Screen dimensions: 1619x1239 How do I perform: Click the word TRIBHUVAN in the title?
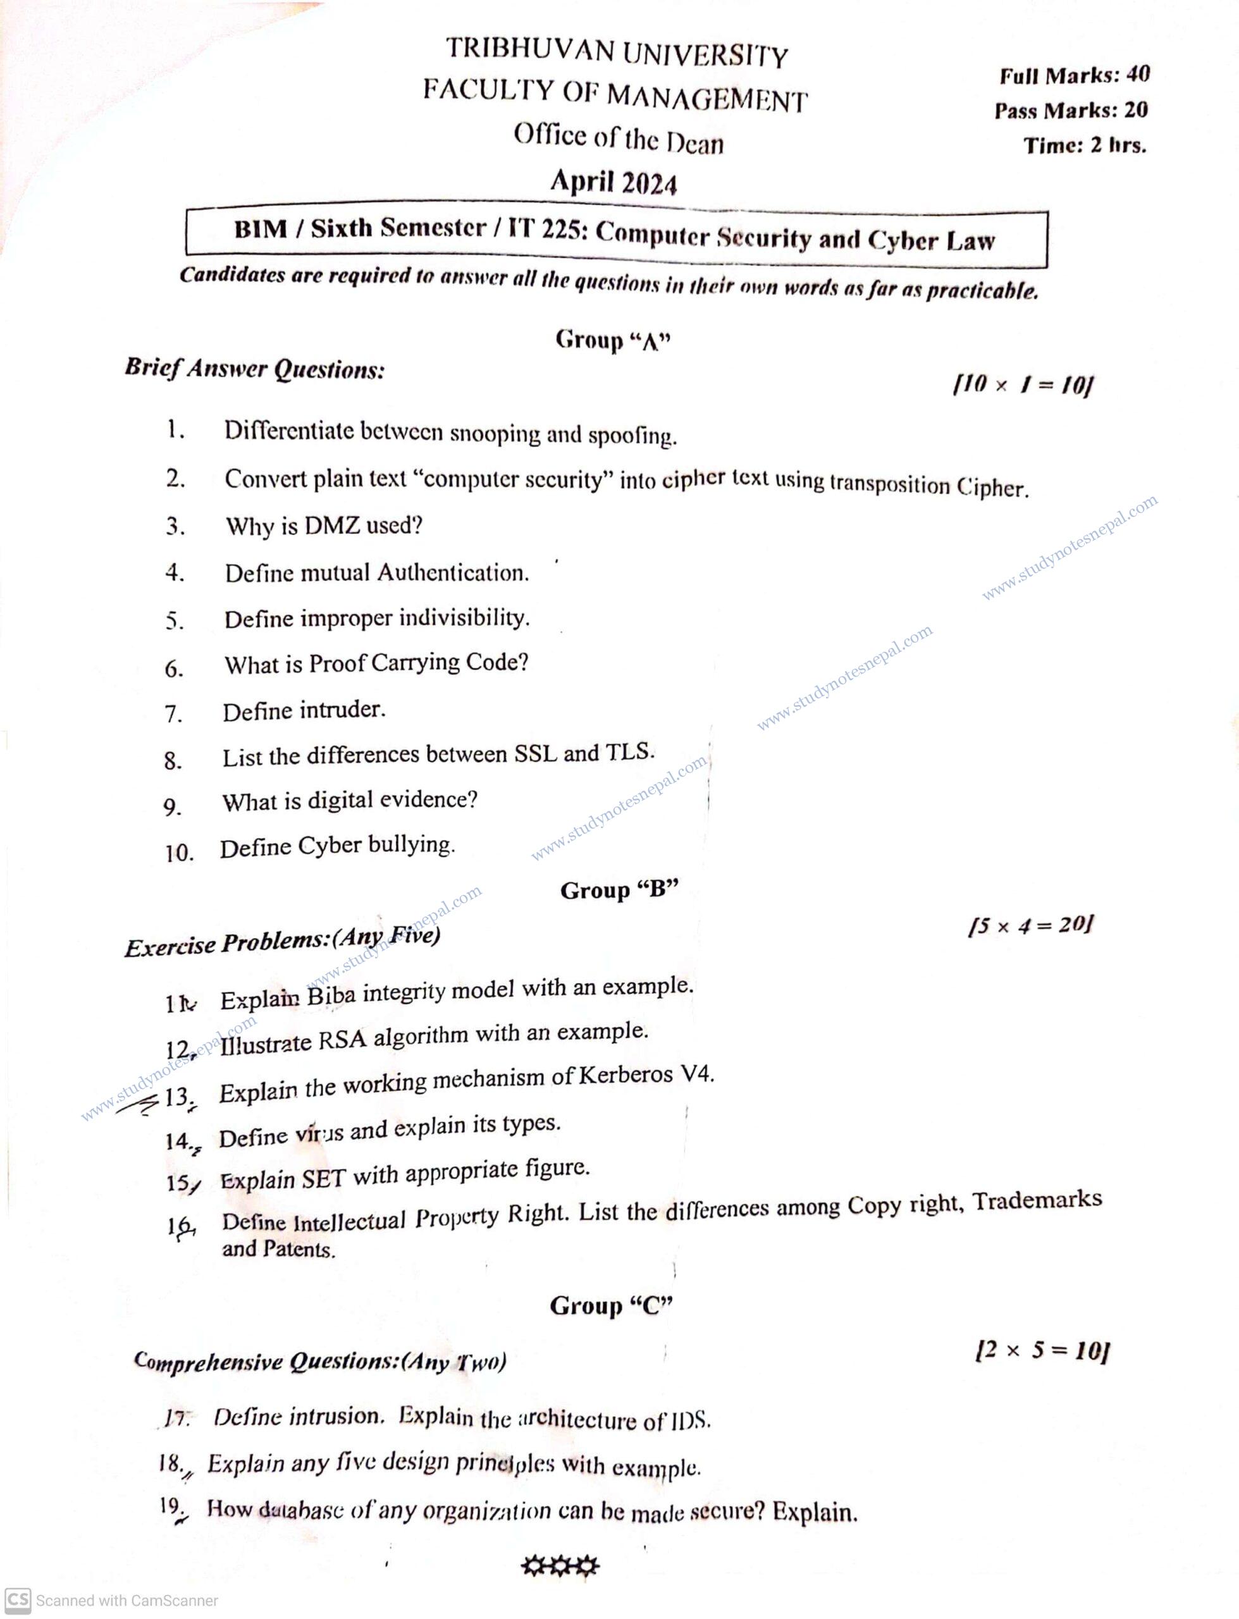(x=529, y=49)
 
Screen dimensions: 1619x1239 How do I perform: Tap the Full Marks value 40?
(x=1137, y=74)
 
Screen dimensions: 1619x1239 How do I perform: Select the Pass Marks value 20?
(x=1136, y=110)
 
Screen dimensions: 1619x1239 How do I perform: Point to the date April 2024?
(x=613, y=182)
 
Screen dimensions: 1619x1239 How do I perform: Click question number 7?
(x=173, y=713)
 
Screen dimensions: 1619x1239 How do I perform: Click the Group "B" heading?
(x=619, y=890)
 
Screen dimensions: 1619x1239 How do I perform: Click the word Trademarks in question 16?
(x=1037, y=1200)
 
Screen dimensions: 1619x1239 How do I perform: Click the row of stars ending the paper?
(x=560, y=1565)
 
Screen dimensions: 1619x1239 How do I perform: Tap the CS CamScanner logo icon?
(x=18, y=1600)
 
